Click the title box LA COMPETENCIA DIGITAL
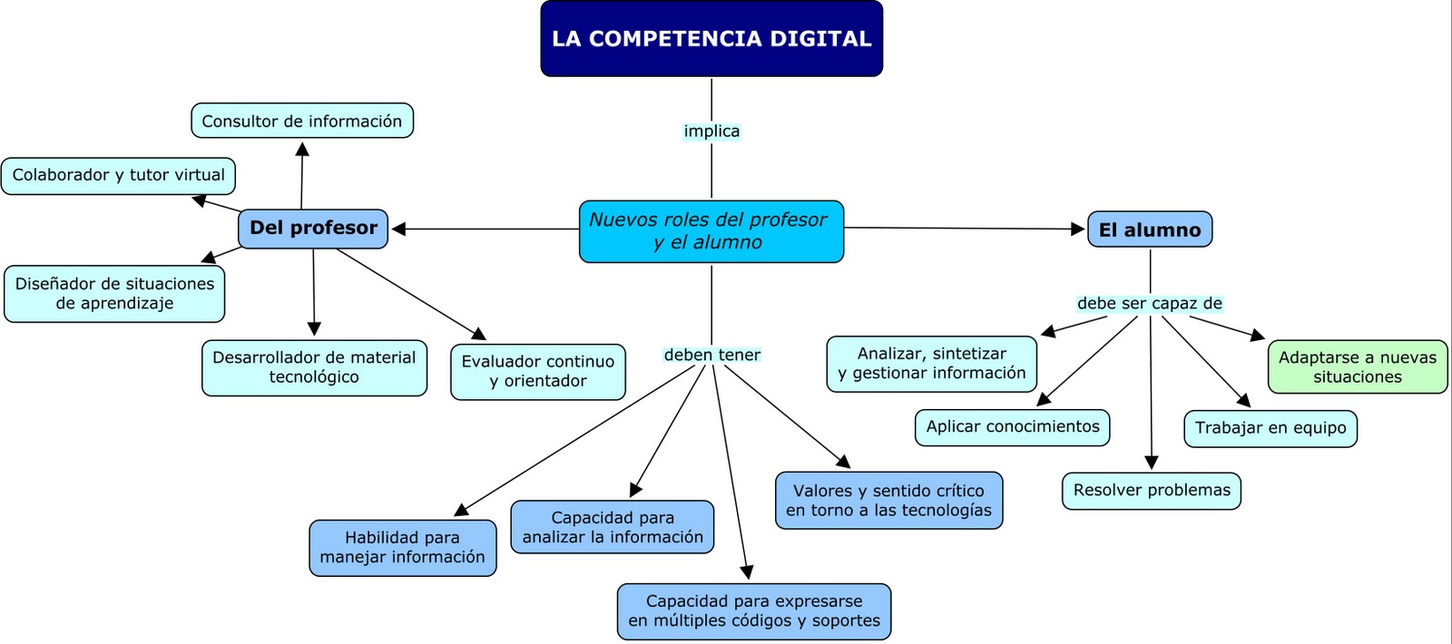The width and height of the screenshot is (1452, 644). click(x=711, y=38)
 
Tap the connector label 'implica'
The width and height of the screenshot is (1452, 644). click(x=711, y=132)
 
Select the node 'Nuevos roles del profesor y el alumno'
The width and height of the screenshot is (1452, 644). click(x=711, y=231)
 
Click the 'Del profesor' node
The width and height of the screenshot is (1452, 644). click(x=313, y=228)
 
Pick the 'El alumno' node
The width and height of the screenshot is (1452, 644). click(x=1150, y=229)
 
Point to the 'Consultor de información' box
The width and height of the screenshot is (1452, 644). click(x=302, y=121)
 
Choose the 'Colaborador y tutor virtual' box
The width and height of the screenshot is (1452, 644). click(x=119, y=175)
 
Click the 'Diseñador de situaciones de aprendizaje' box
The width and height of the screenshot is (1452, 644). click(x=114, y=293)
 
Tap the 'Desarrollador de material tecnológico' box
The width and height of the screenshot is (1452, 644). click(x=314, y=367)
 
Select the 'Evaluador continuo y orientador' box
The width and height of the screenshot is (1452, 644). click(x=538, y=371)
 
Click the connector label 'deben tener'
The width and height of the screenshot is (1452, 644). click(x=712, y=355)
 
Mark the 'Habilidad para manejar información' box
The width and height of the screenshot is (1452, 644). click(x=403, y=547)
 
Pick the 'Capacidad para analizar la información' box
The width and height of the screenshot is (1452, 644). click(x=613, y=527)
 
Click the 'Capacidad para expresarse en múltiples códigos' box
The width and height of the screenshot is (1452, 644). click(x=754, y=610)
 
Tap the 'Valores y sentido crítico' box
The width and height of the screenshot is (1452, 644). click(x=888, y=500)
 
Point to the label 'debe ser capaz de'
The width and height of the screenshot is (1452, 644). click(x=1150, y=303)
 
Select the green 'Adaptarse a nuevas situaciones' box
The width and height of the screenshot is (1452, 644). click(x=1358, y=366)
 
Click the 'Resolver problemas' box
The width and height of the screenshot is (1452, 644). click(x=1152, y=491)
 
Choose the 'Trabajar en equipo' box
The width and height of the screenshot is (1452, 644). click(x=1270, y=428)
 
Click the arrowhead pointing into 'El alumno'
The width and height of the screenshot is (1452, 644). click(x=1078, y=229)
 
